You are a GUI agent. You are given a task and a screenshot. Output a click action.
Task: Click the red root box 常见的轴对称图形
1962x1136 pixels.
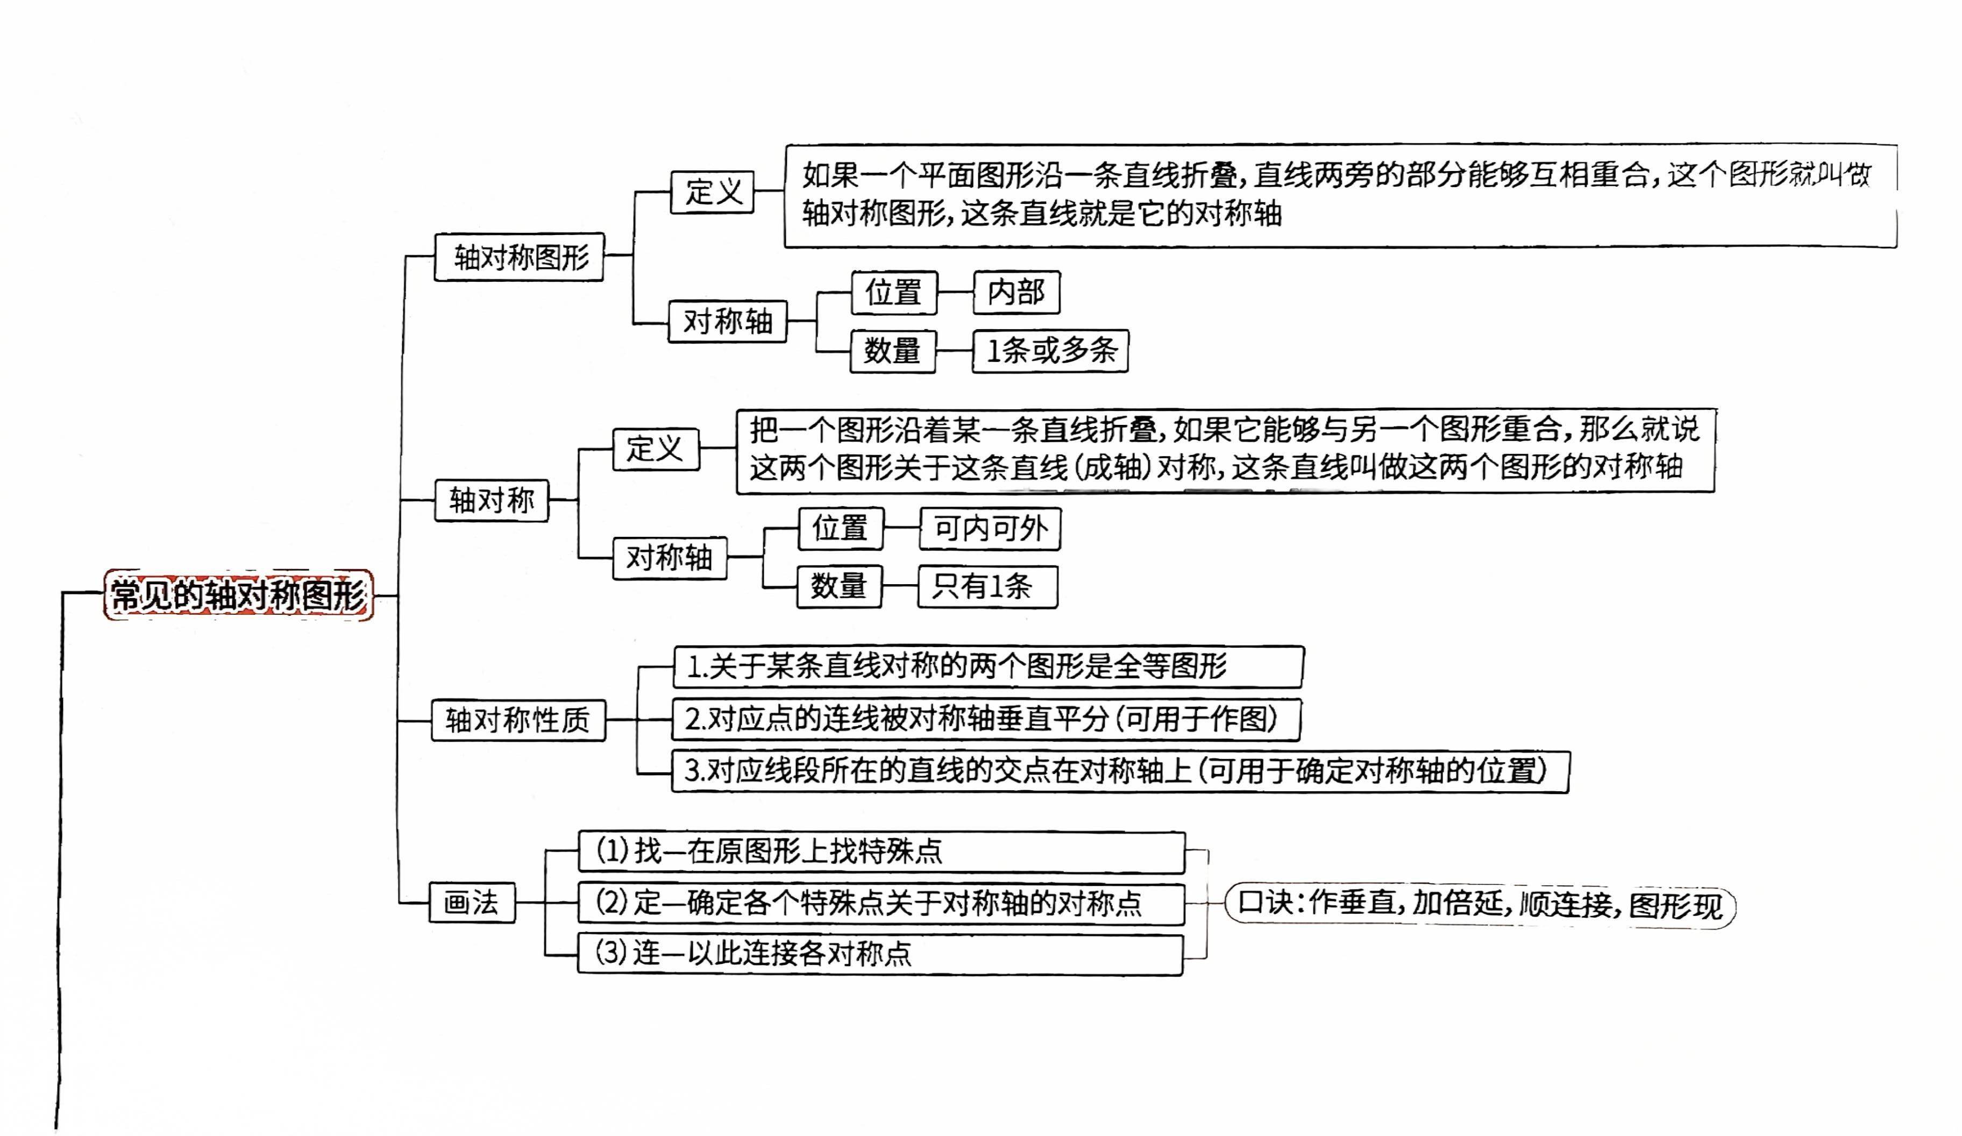238,595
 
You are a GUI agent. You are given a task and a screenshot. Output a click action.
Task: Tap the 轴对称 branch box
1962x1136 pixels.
491,500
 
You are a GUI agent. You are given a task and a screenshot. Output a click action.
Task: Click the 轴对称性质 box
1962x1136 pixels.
518,720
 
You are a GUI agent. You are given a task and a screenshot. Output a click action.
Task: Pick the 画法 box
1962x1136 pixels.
472,903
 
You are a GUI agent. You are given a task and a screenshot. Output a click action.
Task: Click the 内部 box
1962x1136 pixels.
1016,293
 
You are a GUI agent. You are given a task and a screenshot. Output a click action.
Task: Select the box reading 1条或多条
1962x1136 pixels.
1050,351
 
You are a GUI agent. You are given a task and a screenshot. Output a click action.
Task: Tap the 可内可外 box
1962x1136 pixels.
990,529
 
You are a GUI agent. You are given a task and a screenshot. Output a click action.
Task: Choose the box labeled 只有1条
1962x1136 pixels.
987,586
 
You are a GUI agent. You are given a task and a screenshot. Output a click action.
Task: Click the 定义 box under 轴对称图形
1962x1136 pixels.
713,191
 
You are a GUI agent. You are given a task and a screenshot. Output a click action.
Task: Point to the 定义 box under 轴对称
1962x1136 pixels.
656,449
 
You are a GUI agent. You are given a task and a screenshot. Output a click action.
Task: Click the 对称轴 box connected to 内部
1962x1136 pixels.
727,321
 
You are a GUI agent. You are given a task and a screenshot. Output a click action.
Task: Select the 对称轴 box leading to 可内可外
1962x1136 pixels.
670,557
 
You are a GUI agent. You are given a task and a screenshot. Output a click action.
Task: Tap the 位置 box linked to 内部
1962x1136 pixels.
894,293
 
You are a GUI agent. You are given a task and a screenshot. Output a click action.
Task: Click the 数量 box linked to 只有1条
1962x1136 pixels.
838,586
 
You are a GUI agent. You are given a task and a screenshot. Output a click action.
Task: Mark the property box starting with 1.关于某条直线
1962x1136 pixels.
987,666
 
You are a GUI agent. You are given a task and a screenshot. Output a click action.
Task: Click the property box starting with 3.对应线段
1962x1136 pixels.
1120,771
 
